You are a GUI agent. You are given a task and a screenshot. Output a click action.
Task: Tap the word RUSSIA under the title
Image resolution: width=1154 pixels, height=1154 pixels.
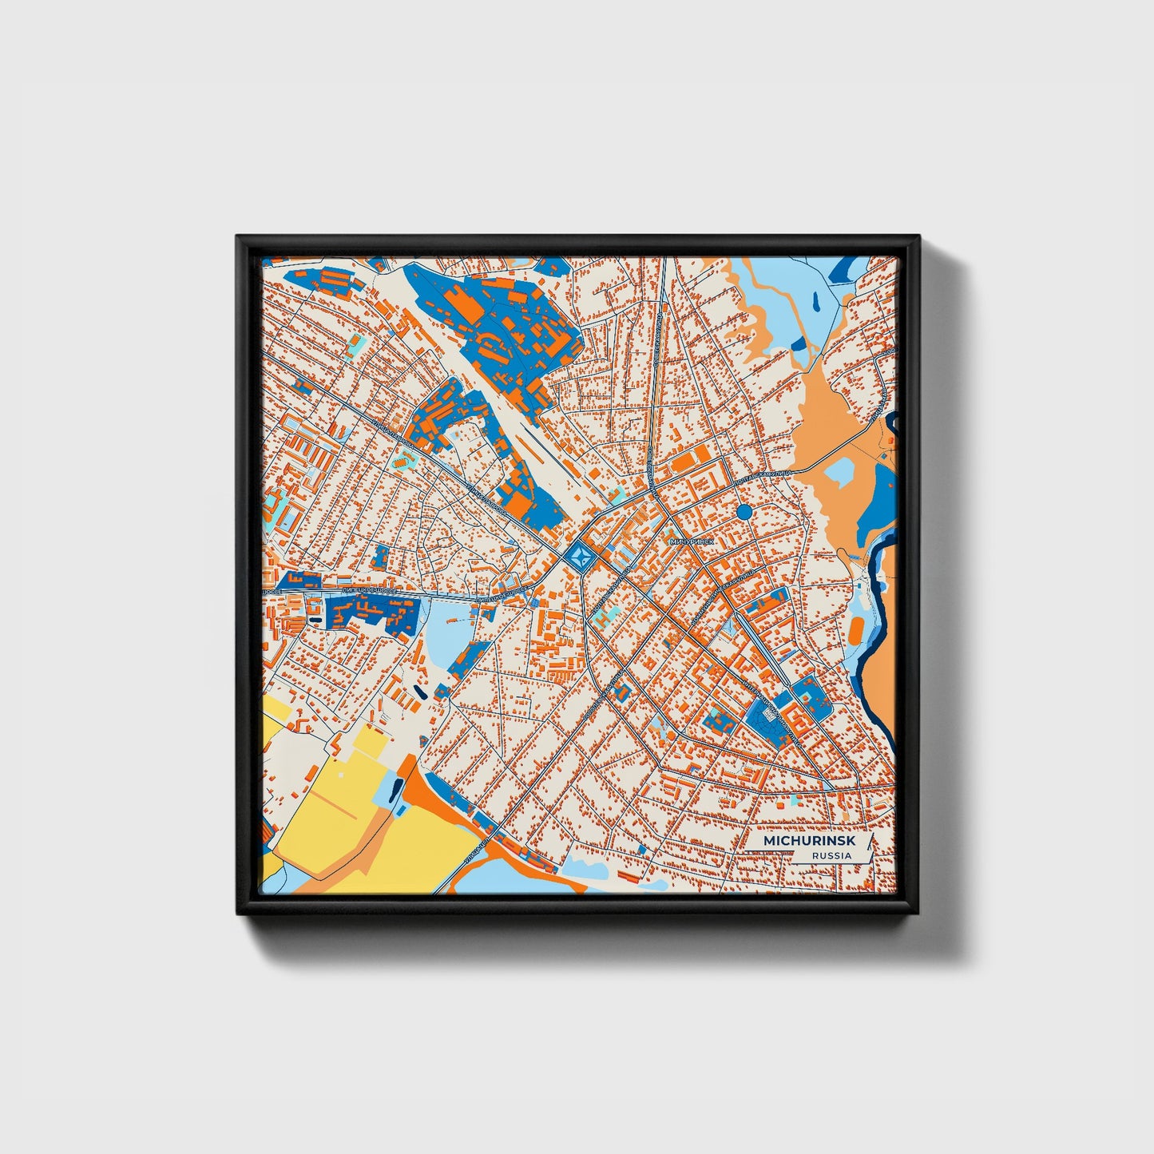830,856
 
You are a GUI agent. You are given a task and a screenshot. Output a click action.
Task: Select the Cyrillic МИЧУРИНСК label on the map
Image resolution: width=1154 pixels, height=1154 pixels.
689,541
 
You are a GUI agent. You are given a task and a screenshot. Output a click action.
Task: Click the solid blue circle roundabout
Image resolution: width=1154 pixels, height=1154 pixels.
744,511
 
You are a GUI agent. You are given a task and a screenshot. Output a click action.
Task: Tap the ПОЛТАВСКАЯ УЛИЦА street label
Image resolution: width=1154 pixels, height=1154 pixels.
762,476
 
